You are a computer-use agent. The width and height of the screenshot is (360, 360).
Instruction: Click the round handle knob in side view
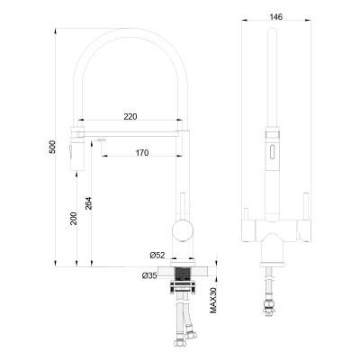click(184, 228)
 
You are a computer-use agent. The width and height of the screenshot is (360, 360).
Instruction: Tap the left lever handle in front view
click(247, 217)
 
